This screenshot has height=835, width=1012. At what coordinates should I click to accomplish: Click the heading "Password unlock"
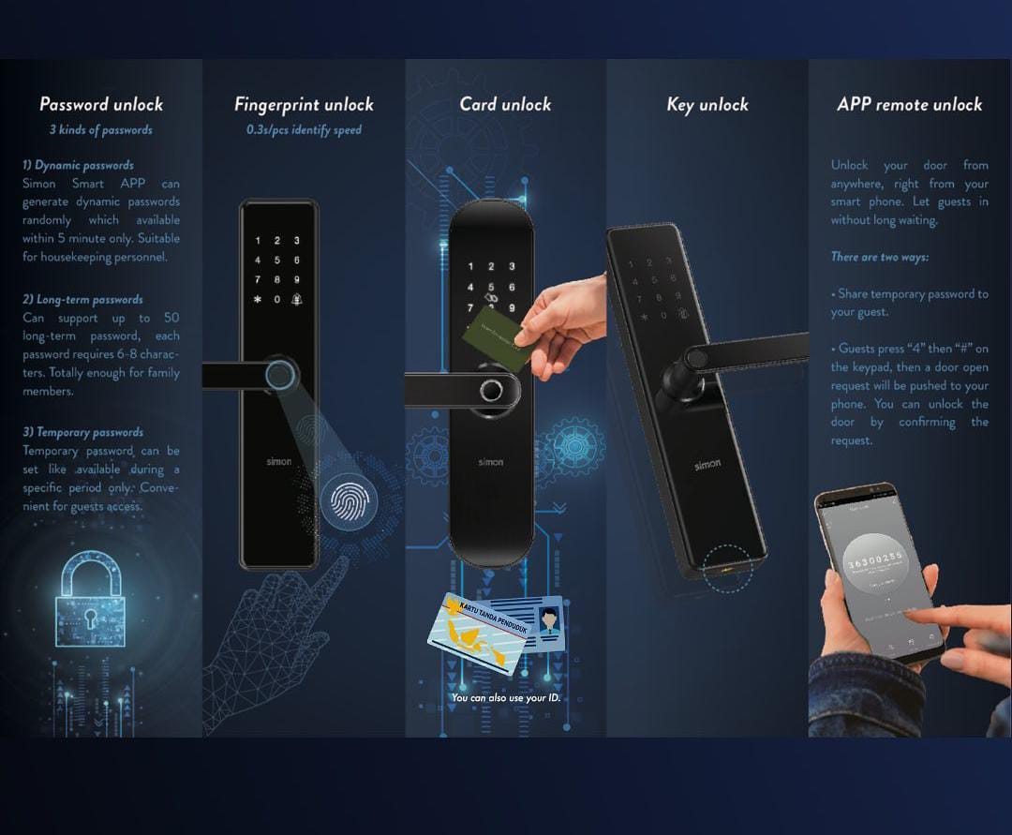(101, 104)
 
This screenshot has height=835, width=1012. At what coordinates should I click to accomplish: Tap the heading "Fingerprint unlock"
(304, 104)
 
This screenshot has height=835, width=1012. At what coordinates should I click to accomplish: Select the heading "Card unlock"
(505, 104)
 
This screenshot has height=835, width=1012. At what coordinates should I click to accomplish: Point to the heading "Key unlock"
(707, 104)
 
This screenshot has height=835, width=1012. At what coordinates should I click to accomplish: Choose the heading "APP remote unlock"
(909, 104)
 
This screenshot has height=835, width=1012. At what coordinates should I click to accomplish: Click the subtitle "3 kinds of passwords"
(101, 130)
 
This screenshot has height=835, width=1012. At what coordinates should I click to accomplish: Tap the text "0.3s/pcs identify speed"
(304, 130)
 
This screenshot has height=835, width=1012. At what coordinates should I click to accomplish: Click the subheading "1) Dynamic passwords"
(78, 166)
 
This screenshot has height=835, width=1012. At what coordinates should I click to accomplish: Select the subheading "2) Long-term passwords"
(82, 300)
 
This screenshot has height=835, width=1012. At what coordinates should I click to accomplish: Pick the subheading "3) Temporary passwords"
(82, 432)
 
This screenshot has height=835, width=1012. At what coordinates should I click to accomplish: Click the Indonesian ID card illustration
(494, 632)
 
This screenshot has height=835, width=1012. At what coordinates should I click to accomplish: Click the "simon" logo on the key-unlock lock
(707, 466)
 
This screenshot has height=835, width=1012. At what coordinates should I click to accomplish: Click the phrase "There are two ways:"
(880, 257)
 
